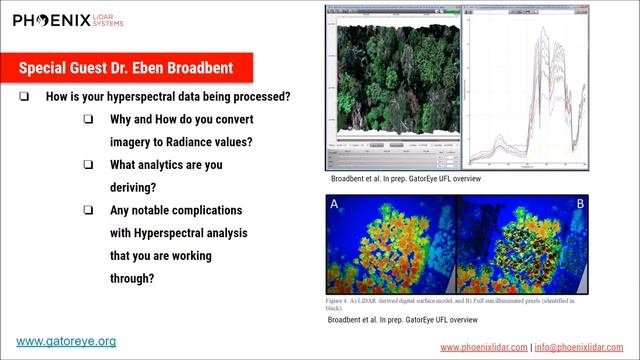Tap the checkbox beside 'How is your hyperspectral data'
click(24, 97)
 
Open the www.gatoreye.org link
click(66, 341)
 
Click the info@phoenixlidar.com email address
click(582, 347)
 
